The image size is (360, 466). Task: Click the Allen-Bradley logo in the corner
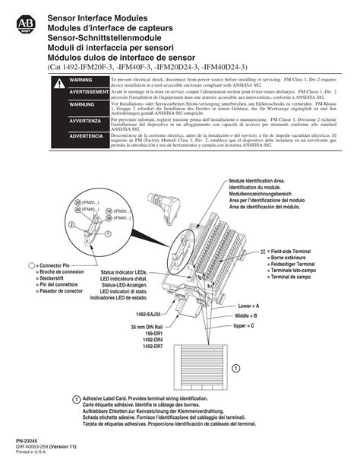pyautogui.click(x=25, y=25)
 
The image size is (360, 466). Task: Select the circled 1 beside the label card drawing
pyautogui.click(x=236, y=368)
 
